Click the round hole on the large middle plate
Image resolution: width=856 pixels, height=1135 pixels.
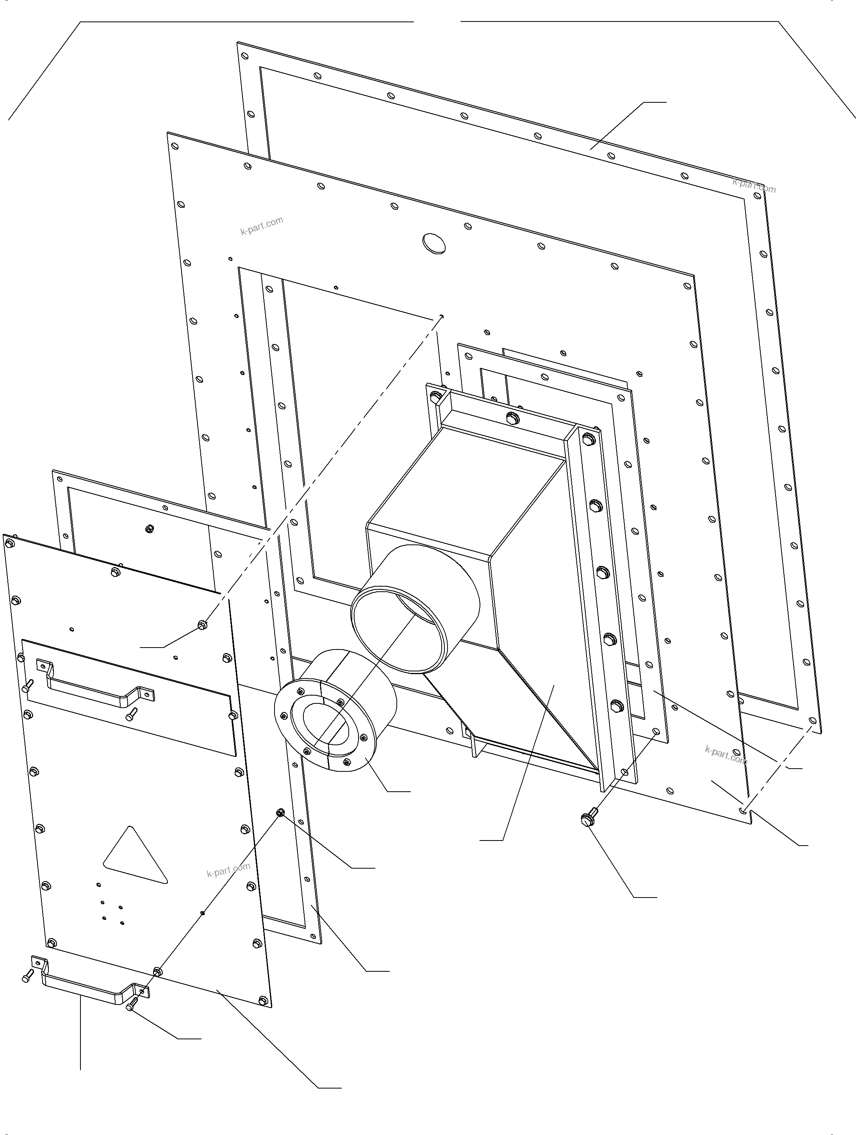[x=434, y=243]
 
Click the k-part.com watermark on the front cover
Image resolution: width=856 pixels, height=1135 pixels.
[x=228, y=869]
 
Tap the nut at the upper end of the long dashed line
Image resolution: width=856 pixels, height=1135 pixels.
[x=203, y=625]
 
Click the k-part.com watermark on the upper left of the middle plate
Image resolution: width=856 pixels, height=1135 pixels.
[x=262, y=226]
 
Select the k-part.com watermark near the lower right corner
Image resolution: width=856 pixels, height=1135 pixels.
[x=725, y=754]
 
